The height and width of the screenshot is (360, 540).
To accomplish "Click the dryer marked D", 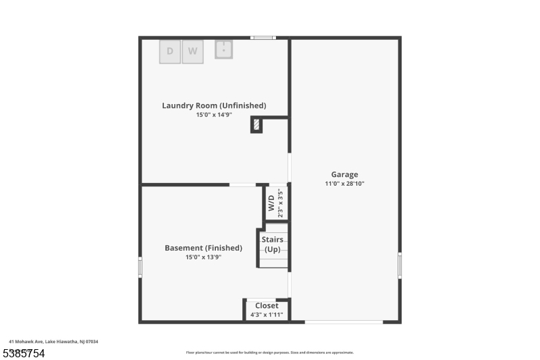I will (x=170, y=51).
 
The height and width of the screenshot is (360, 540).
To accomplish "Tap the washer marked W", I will (x=192, y=51).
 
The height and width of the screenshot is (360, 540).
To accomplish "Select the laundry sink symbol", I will (x=224, y=49).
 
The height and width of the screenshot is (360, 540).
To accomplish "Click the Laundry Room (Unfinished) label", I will (x=214, y=105).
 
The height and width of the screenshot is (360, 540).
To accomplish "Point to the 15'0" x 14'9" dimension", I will (x=214, y=115).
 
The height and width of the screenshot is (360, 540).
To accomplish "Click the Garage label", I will (x=344, y=174).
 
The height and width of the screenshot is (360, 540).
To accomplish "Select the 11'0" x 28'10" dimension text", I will (x=344, y=184).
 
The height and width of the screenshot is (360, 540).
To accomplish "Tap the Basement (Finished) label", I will (x=203, y=248).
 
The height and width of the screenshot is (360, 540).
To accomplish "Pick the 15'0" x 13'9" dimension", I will (x=203, y=257).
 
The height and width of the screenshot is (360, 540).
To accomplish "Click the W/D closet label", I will (x=271, y=203).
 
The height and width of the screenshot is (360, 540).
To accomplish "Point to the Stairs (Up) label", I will (x=272, y=245).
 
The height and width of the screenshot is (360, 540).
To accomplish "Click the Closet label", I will (x=267, y=305).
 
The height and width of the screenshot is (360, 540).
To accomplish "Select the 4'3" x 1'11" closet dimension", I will (x=267, y=315).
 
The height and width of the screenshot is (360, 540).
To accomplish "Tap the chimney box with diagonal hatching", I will (x=256, y=124).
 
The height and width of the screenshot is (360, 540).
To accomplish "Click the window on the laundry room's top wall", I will (x=263, y=37).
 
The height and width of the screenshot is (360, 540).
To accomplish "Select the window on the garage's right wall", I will (x=400, y=265).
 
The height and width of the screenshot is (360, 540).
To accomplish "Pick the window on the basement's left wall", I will (x=140, y=267).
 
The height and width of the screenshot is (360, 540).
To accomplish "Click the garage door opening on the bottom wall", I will (x=344, y=322).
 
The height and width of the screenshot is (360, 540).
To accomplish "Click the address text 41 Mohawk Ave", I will (x=53, y=342).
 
